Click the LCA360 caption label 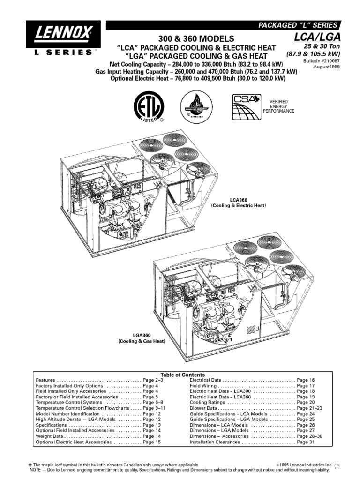pyautogui.click(x=238, y=200)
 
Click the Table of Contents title pyautogui.click(x=182, y=375)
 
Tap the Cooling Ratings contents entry pyautogui.click(x=207, y=402)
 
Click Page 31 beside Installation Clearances pyautogui.click(x=306, y=442)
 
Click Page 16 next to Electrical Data pyautogui.click(x=306, y=380)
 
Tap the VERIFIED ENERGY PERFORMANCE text pyautogui.click(x=282, y=106)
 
